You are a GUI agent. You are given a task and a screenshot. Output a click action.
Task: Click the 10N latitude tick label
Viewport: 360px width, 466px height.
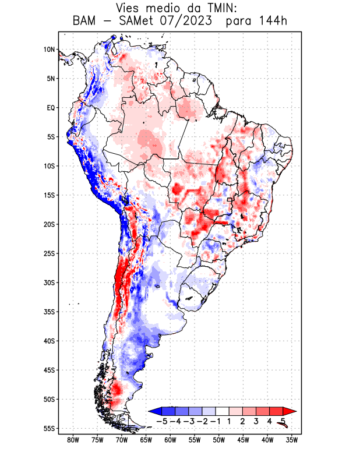(49, 50)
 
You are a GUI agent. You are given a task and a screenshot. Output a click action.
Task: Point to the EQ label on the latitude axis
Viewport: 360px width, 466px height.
(50, 108)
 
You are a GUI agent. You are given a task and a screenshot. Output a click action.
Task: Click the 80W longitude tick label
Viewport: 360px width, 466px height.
(73, 440)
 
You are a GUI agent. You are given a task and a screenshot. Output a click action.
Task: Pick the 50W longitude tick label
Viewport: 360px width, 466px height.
(218, 440)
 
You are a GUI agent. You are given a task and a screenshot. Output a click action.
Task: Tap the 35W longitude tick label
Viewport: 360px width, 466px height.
(292, 440)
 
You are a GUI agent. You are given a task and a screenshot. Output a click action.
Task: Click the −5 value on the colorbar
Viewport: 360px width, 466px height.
(161, 421)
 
